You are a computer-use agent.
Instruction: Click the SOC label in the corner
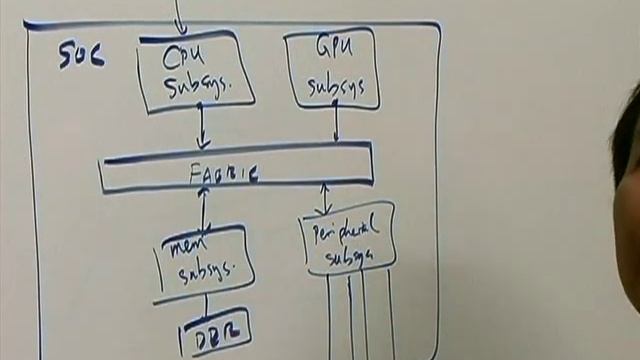click(81, 55)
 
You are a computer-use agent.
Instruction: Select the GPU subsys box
click(331, 68)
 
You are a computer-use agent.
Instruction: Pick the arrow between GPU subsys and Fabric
click(336, 122)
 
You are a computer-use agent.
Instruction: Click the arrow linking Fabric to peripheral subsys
click(323, 198)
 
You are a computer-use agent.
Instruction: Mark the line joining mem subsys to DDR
click(206, 305)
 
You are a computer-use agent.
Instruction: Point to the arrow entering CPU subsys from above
click(181, 15)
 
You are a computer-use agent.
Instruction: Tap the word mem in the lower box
click(189, 246)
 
